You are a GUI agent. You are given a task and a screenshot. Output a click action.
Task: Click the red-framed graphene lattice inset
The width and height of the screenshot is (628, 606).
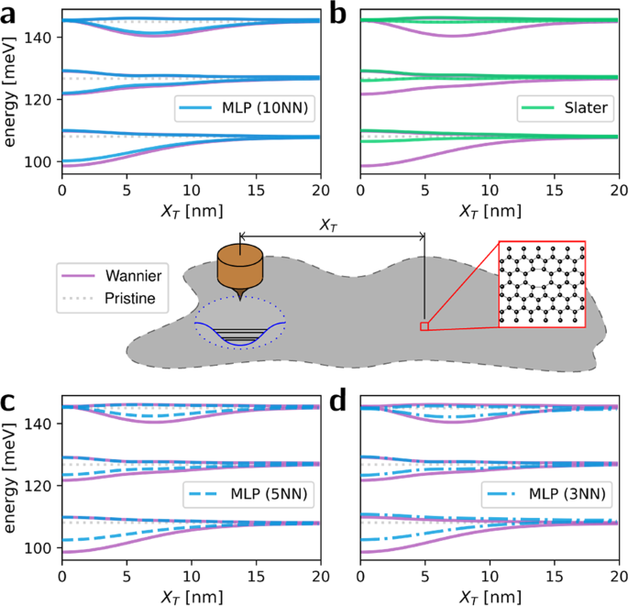542,283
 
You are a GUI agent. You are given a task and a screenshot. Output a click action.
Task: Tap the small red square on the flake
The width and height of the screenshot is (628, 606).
424,325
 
